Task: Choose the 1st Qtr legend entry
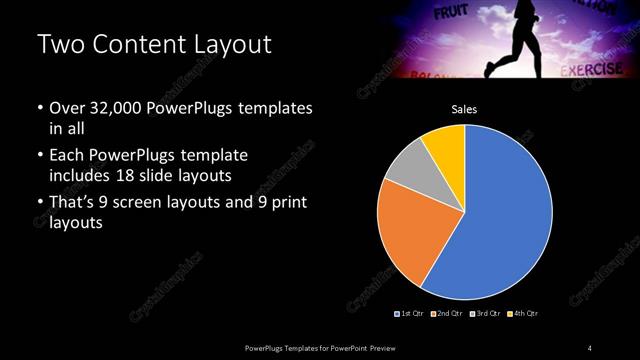point(411,314)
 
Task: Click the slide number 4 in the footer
point(590,347)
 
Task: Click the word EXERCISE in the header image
point(592,70)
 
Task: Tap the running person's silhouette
point(519,35)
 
